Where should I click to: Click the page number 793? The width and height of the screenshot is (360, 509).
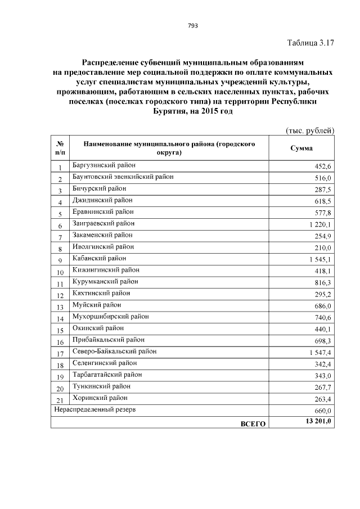point(192,25)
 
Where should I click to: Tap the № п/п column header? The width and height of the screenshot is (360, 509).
point(60,148)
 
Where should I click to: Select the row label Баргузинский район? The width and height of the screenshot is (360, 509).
point(104,165)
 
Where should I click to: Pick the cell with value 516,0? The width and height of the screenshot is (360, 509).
point(323,178)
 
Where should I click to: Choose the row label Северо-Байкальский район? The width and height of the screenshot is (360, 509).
point(115,352)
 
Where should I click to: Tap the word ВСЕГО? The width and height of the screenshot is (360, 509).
point(253,422)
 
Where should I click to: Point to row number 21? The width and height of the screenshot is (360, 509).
point(60,400)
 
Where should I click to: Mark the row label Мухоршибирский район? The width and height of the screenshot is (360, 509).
point(111,317)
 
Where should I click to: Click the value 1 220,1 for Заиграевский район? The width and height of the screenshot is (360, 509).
point(320,224)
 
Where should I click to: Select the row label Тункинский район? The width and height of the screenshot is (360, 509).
point(101,386)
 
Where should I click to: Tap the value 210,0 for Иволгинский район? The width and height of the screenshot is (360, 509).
point(323,247)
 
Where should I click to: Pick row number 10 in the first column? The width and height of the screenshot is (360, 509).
point(60,272)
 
